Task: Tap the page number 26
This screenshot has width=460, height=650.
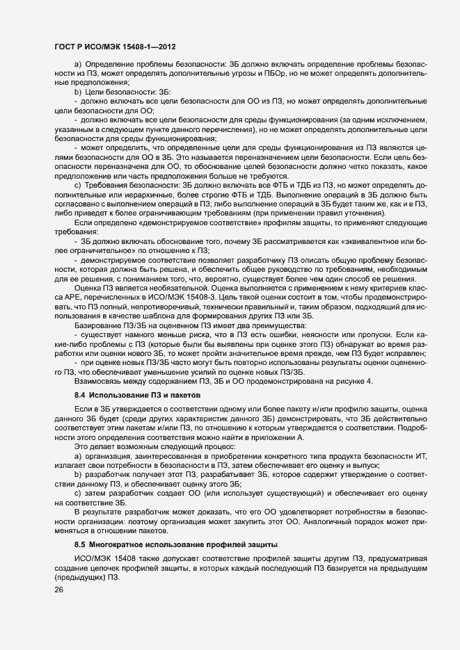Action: [58, 590]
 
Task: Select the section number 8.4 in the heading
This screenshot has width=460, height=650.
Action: [79, 394]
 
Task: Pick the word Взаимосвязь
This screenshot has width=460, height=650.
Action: [99, 381]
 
